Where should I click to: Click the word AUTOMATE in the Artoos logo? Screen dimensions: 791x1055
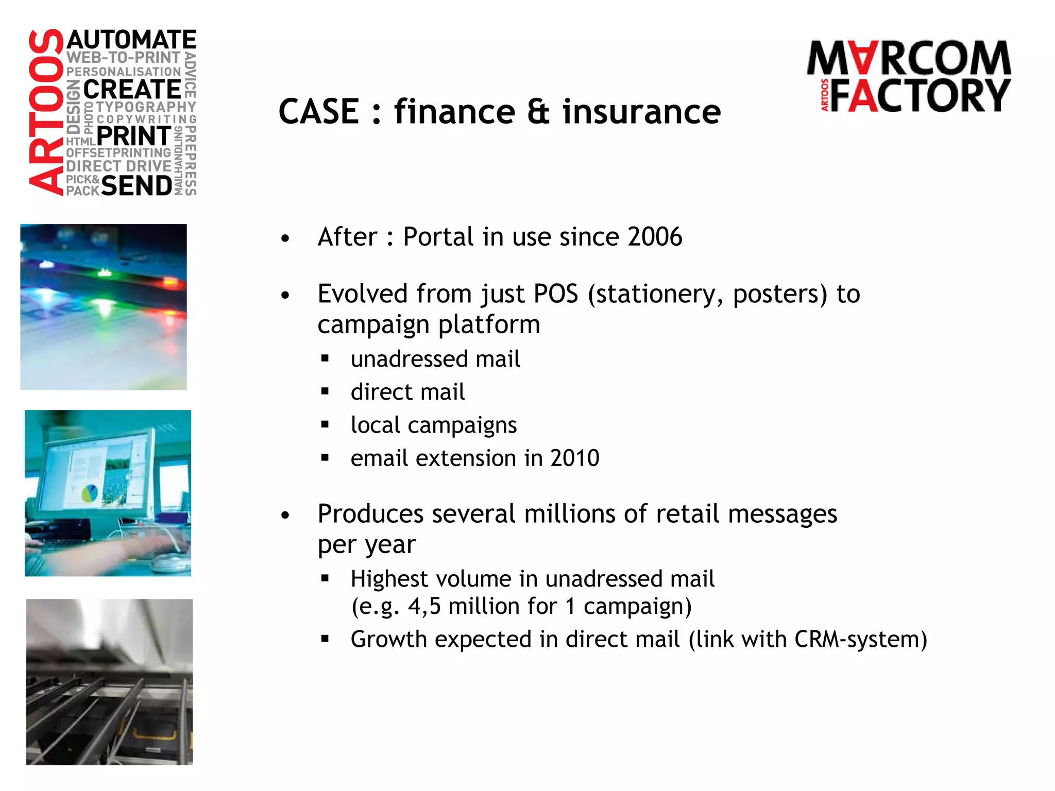click(x=131, y=40)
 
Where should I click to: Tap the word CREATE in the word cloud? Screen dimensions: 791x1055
click(x=132, y=90)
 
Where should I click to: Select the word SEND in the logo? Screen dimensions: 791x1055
click(x=137, y=186)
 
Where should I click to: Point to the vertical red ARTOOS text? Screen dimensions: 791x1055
click(x=46, y=112)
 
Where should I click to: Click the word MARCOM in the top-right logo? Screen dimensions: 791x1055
click(x=909, y=58)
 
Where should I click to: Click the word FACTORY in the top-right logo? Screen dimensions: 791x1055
click(x=920, y=96)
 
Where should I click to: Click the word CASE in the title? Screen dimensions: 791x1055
click(x=319, y=112)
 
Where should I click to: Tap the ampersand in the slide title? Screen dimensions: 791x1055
click(x=538, y=112)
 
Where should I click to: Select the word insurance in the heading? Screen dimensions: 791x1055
click(x=641, y=112)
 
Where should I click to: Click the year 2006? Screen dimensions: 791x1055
click(x=655, y=237)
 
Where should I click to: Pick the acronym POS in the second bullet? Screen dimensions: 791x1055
click(x=555, y=294)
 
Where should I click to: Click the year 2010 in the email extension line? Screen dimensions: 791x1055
click(x=574, y=458)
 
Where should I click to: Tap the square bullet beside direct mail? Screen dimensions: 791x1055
click(x=325, y=392)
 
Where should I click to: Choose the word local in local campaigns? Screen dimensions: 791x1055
click(x=376, y=425)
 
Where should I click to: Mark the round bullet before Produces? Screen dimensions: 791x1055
click(x=285, y=514)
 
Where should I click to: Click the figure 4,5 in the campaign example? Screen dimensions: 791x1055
click(x=424, y=606)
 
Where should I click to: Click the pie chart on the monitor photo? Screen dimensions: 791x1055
click(x=90, y=493)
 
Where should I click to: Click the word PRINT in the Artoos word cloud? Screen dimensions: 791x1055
click(x=134, y=136)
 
